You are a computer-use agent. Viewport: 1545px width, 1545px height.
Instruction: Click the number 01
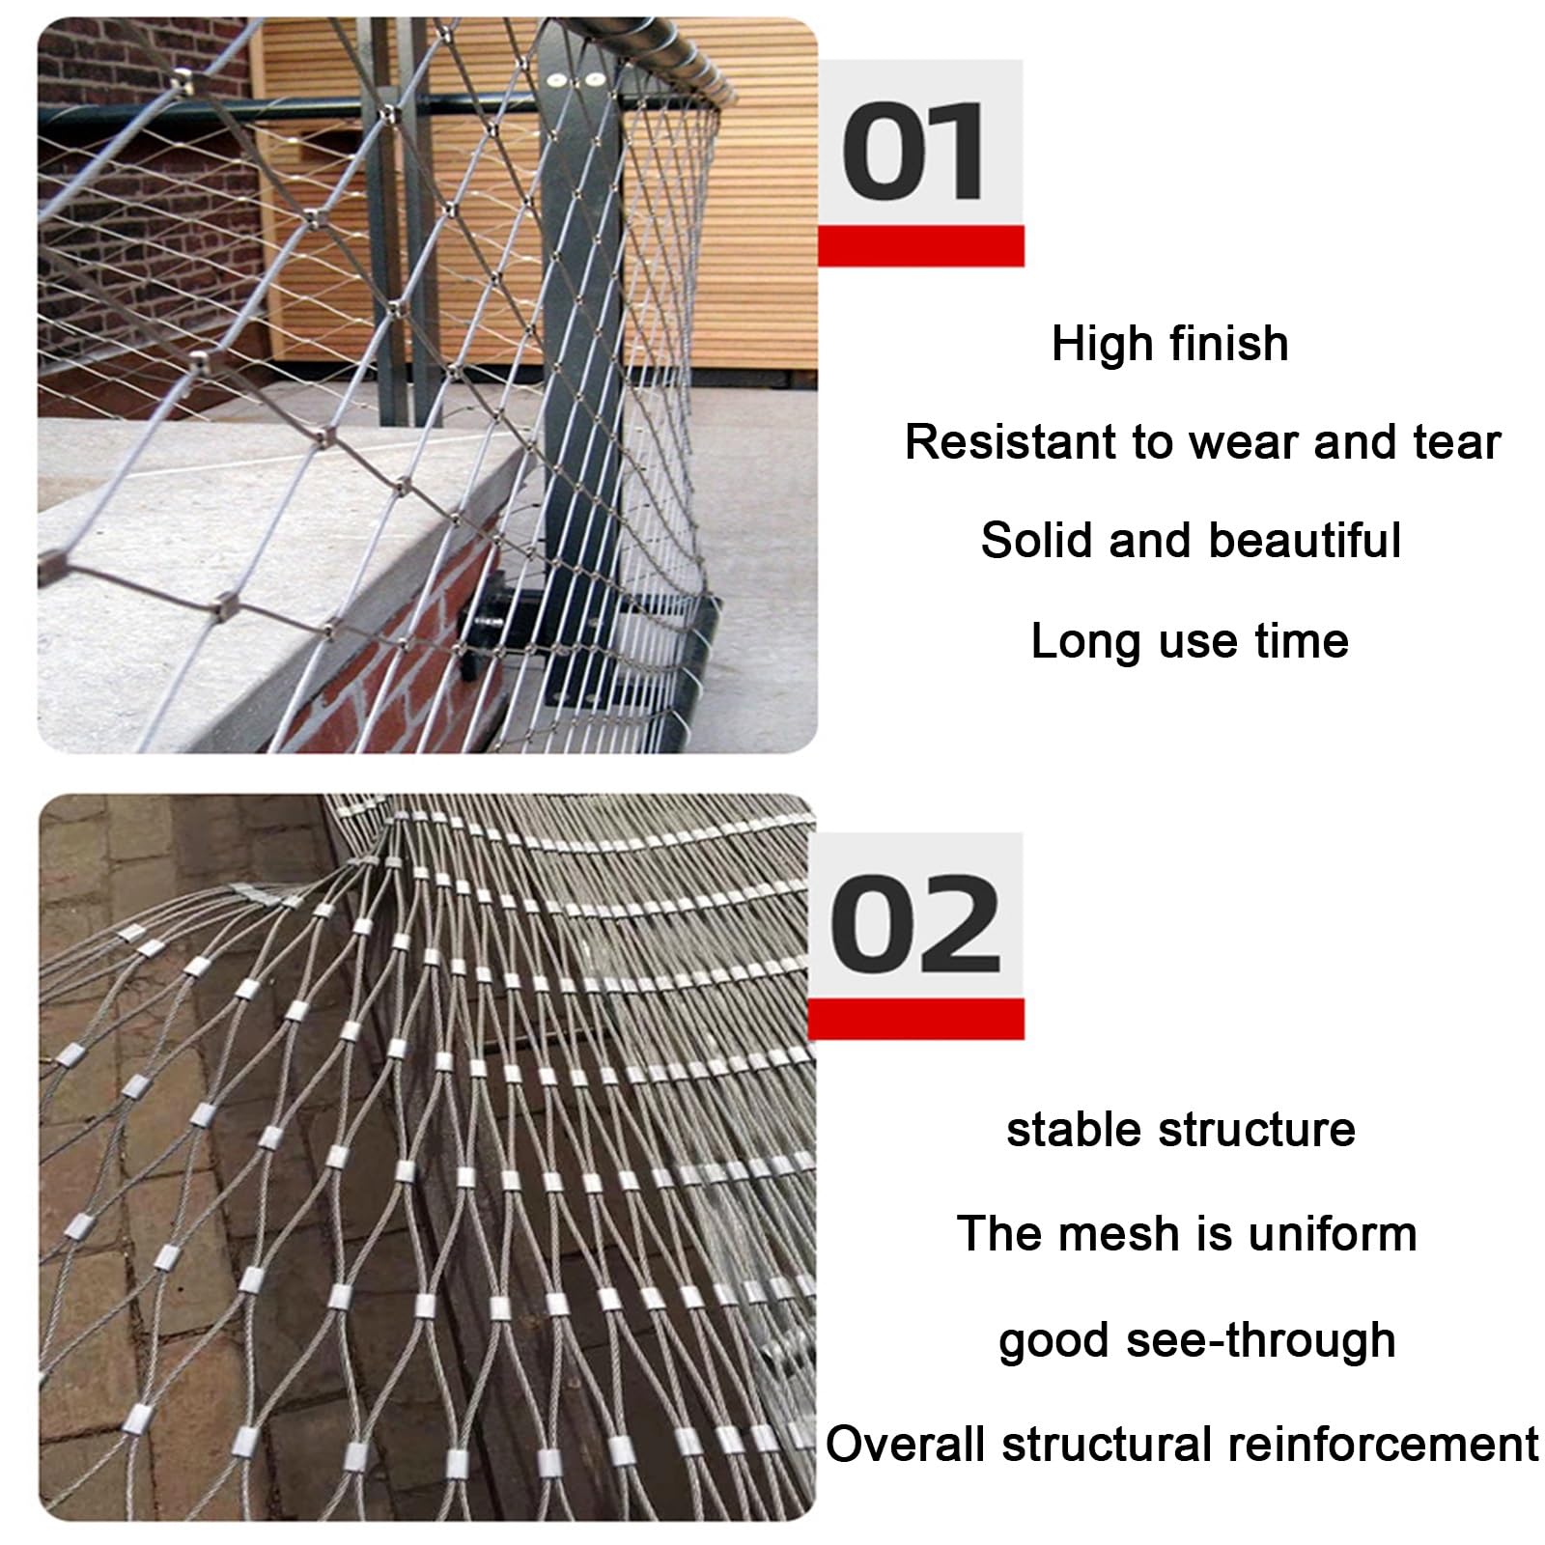(913, 153)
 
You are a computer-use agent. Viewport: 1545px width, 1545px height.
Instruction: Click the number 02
(914, 924)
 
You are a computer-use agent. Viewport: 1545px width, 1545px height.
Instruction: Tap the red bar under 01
(920, 246)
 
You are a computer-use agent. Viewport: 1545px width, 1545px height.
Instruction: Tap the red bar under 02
(915, 1020)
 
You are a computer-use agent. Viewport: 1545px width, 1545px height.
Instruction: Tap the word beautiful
(1305, 540)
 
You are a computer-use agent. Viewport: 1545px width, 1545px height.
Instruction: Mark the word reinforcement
(1383, 1445)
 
